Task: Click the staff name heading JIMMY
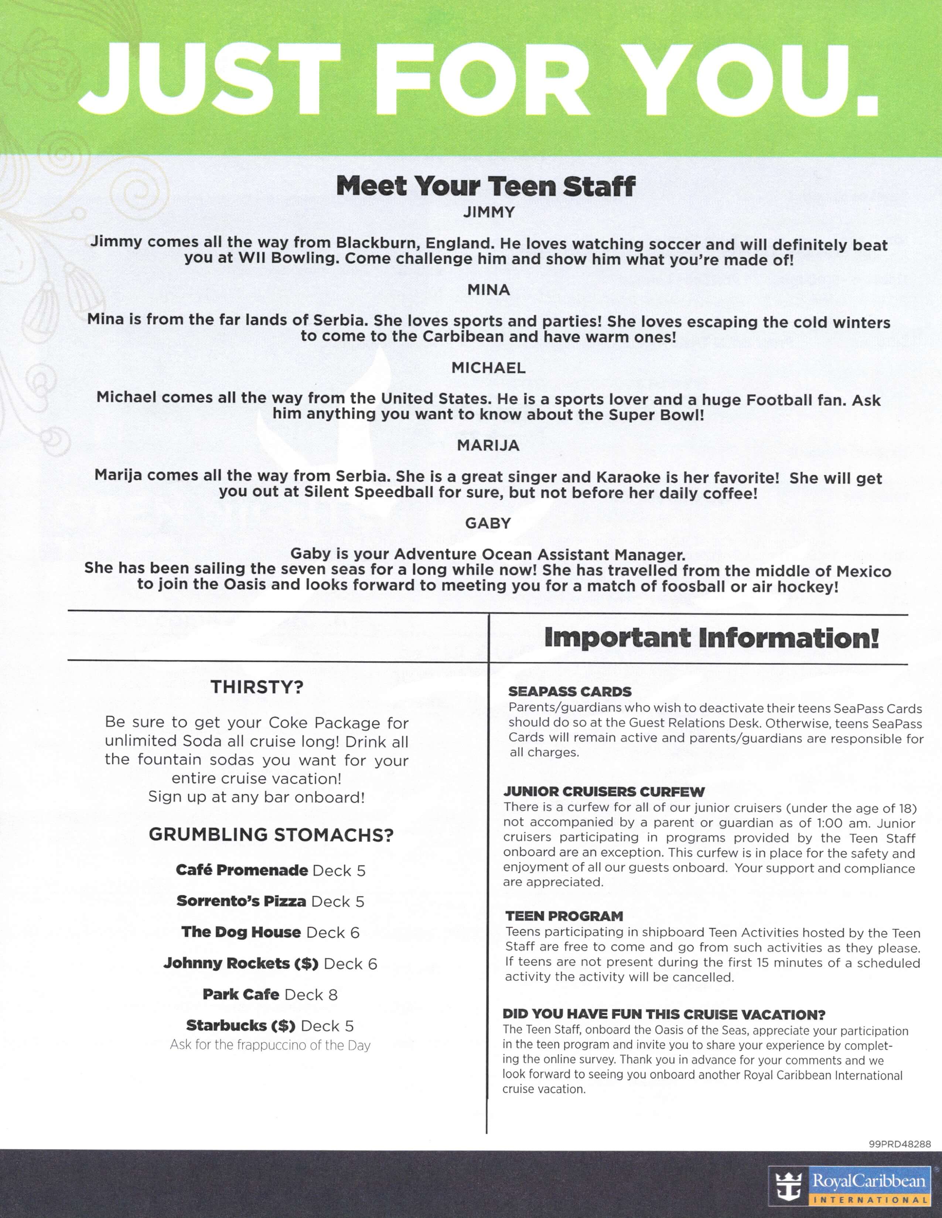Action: coord(489,213)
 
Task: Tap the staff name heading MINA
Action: coord(489,290)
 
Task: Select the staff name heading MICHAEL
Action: coord(489,368)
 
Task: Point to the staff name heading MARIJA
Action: coord(488,445)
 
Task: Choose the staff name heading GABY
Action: coord(488,523)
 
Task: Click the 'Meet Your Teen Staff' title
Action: coord(485,186)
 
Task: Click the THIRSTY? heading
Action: coord(257,687)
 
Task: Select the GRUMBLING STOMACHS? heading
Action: coord(271,835)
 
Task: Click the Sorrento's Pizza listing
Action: coord(270,901)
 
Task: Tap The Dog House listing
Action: coord(270,932)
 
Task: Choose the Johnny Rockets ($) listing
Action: coord(270,964)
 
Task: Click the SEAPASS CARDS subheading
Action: coord(570,692)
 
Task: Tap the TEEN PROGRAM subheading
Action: coord(564,916)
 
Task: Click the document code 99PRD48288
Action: coord(900,1144)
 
